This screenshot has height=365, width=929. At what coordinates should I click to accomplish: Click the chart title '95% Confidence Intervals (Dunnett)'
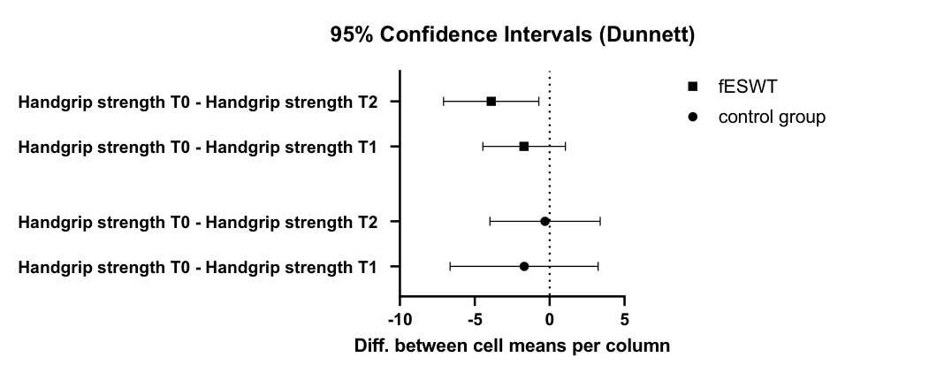512,35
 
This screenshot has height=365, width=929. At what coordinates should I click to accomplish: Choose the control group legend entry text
772,118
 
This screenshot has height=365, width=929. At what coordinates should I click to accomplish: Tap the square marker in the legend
692,87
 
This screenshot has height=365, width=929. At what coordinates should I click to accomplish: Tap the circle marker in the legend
692,118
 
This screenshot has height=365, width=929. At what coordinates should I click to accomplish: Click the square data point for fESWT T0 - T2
491,102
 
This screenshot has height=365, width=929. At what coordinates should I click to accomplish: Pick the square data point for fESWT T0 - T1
524,147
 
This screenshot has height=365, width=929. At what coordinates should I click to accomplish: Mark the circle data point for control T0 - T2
545,222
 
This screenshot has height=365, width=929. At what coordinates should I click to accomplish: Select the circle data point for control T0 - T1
524,267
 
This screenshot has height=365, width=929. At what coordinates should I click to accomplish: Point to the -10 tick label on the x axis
400,320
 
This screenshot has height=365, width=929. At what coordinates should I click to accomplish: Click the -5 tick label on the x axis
476,320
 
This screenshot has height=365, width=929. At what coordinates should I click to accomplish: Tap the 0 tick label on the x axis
550,320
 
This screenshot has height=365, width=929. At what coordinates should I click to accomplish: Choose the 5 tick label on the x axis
624,320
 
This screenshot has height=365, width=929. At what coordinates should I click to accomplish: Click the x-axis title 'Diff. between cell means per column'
512,346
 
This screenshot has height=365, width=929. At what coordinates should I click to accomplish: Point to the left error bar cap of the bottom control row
450,267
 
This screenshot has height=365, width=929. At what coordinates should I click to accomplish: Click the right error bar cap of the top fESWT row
538,102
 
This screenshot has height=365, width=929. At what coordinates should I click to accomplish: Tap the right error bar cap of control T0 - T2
600,222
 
